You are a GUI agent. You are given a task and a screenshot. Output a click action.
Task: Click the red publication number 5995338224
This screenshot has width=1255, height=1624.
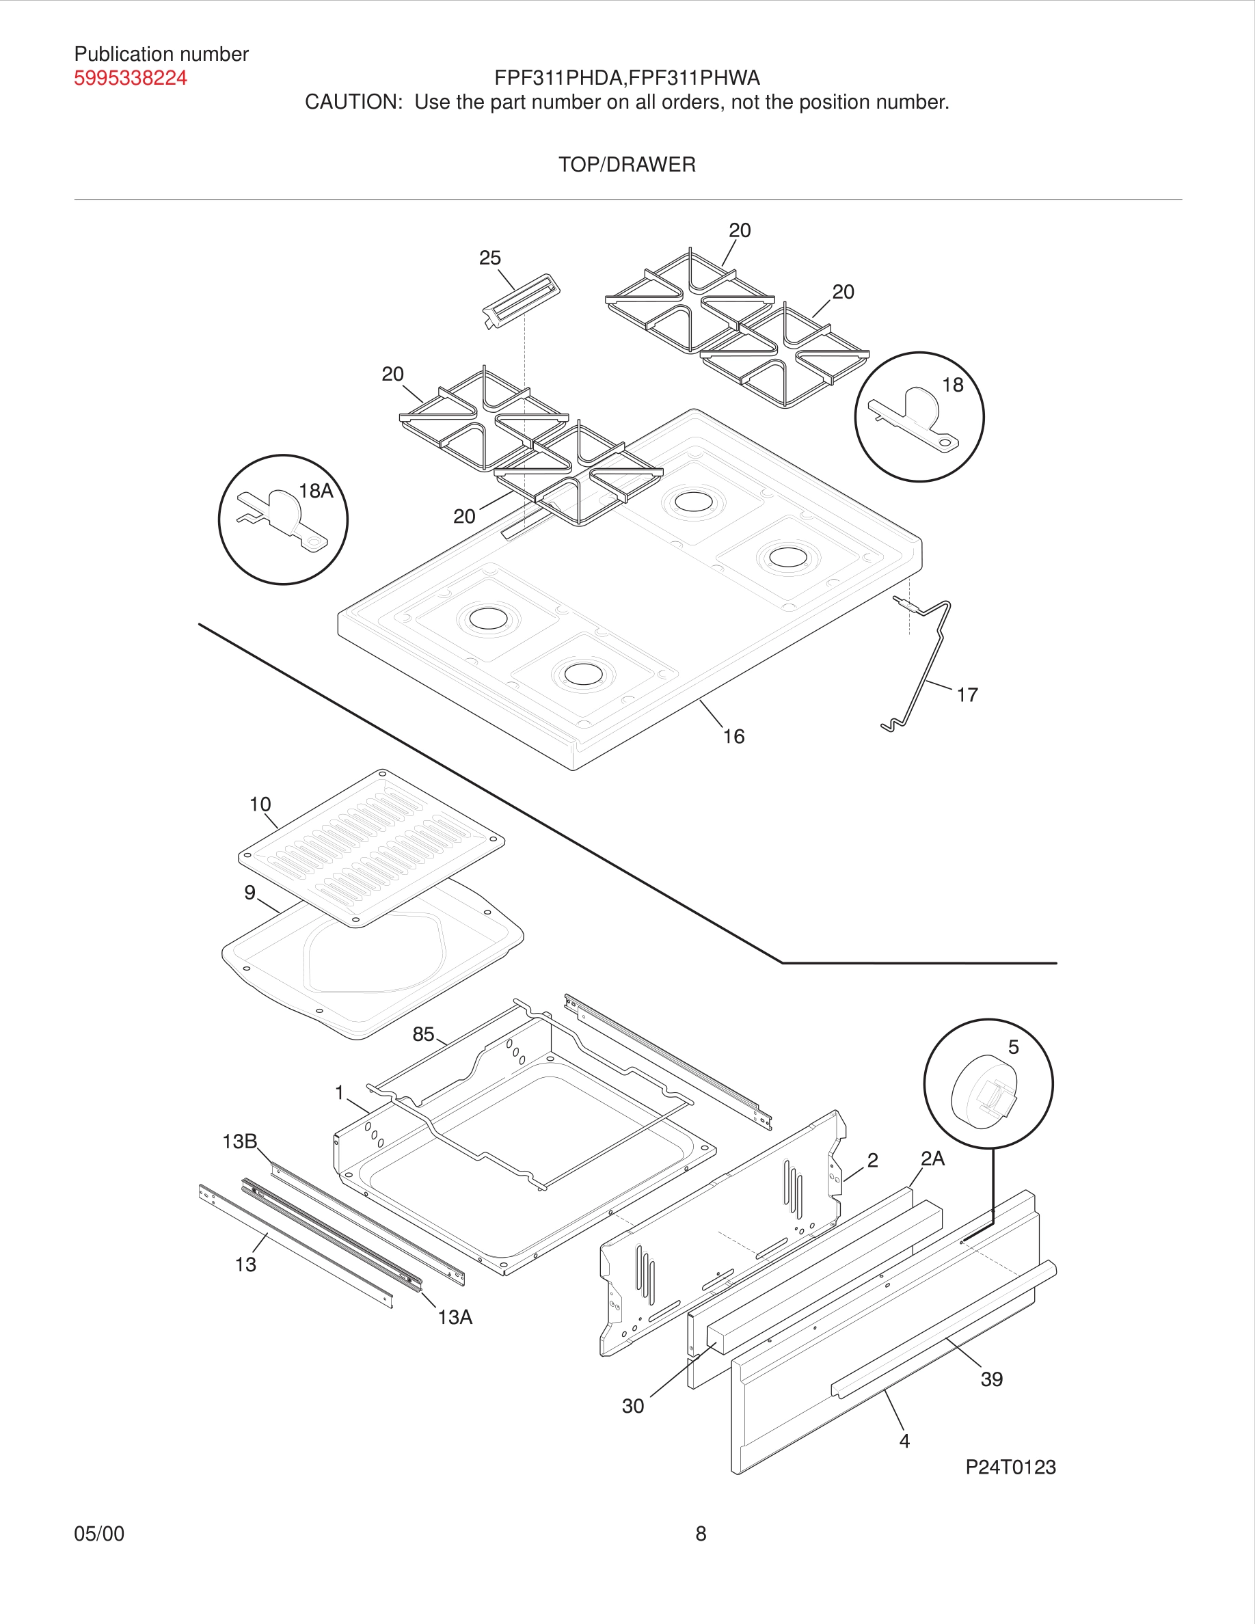coord(130,78)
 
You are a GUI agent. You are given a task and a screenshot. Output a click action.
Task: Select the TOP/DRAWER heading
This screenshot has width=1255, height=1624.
coord(627,164)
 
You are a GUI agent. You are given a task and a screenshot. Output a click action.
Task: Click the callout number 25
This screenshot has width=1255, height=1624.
coord(489,258)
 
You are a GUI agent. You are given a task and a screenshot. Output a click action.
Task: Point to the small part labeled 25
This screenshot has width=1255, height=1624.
coord(521,301)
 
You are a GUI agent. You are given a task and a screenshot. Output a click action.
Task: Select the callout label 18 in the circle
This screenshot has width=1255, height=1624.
coord(952,385)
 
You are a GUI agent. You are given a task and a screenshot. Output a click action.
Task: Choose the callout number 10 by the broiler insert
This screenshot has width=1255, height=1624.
coord(260,804)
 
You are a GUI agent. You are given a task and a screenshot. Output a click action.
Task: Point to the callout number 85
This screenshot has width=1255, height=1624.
coord(423,1034)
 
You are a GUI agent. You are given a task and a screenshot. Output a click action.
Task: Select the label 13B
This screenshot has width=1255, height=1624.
coord(239,1141)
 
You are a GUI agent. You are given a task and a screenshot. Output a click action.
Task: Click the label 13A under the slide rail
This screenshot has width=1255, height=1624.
coord(455,1317)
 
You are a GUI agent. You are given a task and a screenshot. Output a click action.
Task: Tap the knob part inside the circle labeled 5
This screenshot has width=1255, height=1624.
coord(984,1092)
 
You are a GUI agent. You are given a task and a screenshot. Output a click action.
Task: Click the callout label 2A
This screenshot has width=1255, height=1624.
coord(932,1159)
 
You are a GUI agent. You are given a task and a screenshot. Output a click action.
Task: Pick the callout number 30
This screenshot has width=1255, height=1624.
coord(633,1406)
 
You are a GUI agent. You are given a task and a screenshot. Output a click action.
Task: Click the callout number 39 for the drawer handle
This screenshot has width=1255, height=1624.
coord(991,1379)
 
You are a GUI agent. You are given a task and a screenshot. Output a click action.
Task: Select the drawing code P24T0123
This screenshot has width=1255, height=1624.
coord(1010,1467)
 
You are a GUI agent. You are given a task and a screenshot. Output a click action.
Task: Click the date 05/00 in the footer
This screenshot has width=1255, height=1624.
coord(99,1533)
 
